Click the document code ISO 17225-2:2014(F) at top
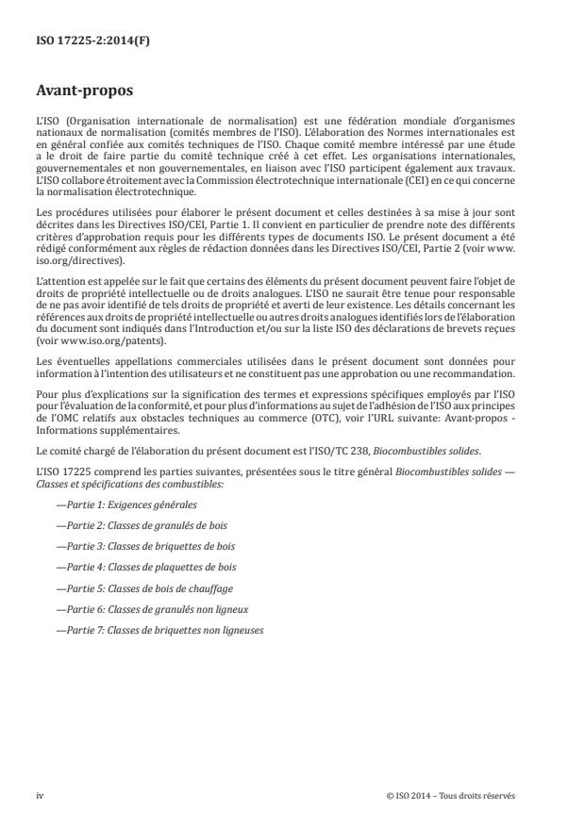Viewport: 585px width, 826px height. coord(84,42)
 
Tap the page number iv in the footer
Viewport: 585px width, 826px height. coord(41,794)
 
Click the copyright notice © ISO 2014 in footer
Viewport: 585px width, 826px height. coord(451,794)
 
